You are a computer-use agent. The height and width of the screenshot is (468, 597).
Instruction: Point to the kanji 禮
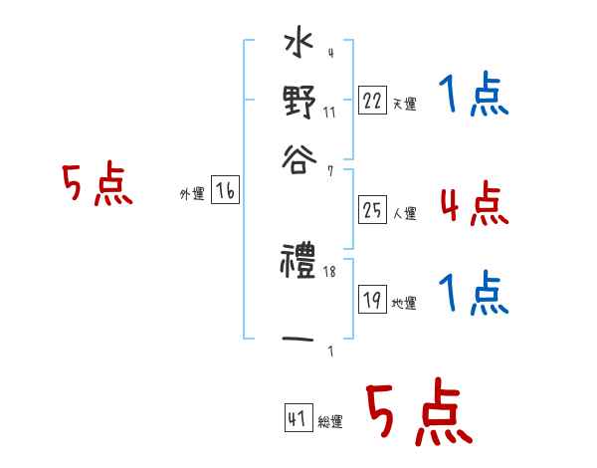point(299,264)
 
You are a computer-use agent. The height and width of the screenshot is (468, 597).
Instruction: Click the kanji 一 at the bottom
point(299,339)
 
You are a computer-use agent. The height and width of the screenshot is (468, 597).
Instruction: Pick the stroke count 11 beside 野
point(329,113)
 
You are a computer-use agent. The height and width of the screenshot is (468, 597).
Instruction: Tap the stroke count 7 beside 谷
point(329,171)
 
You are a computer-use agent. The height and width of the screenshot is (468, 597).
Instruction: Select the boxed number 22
point(372,101)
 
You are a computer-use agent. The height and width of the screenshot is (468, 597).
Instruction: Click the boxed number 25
point(372,209)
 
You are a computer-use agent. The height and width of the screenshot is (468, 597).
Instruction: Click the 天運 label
point(404,104)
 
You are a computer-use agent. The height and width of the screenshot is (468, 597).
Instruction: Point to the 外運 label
point(192,195)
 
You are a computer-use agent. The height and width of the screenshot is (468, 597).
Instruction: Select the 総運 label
point(330,422)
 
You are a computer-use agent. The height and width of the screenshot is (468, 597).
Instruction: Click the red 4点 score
point(473,203)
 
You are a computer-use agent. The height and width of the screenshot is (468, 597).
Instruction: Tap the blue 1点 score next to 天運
point(473,98)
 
